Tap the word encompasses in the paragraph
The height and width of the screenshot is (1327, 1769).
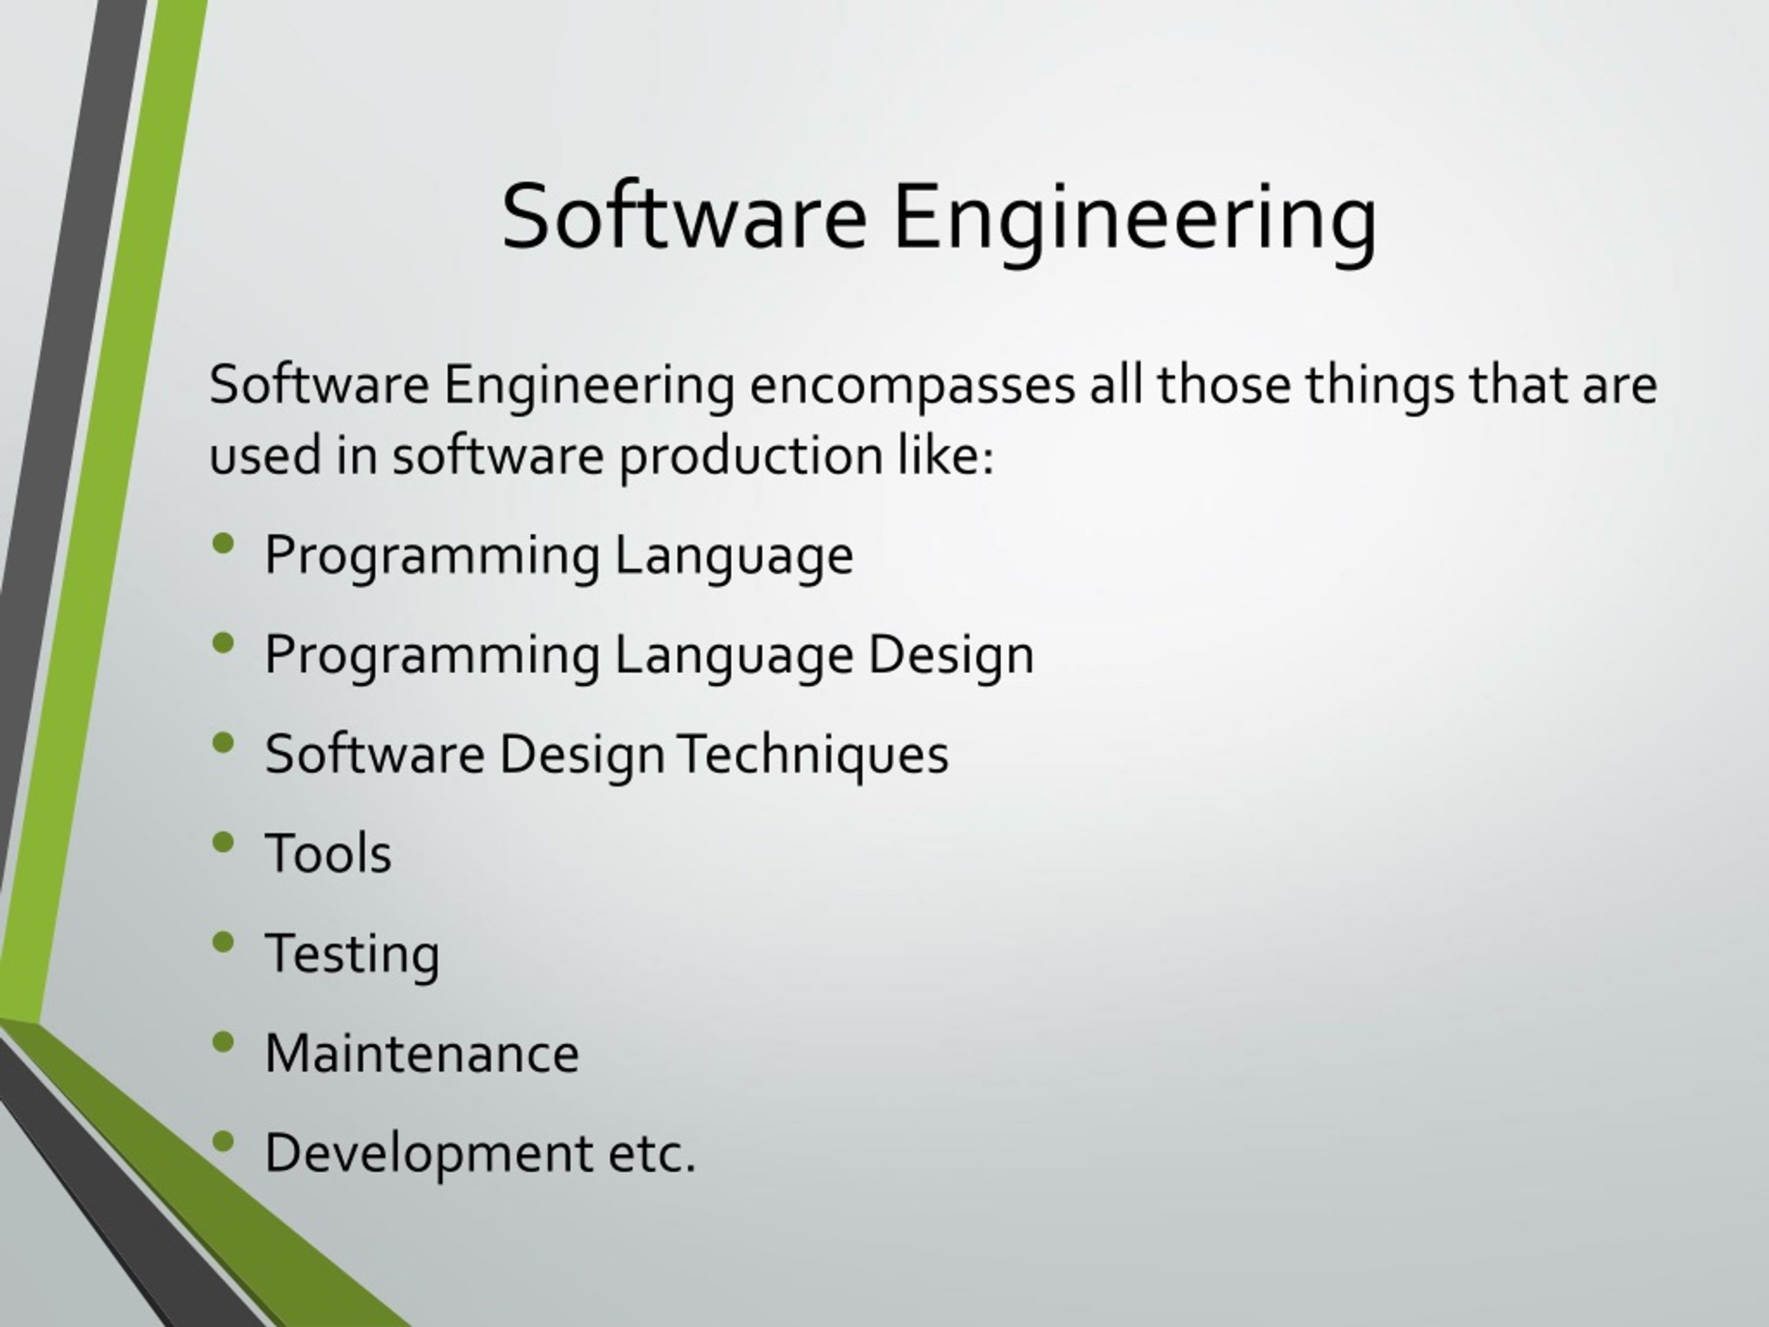click(911, 386)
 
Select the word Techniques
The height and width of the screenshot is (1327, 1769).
click(813, 754)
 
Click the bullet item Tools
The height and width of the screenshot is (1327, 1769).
click(328, 854)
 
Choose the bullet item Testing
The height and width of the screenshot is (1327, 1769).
click(352, 954)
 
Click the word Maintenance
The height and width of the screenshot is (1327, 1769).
click(422, 1053)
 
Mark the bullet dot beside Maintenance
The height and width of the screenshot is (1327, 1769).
click(224, 1042)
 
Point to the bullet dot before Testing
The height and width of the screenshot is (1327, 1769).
click(224, 943)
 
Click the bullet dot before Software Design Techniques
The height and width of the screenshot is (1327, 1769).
click(224, 743)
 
